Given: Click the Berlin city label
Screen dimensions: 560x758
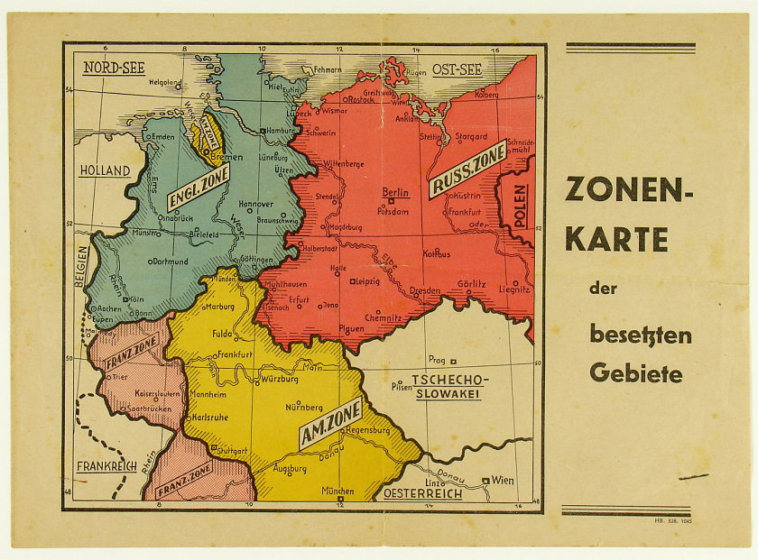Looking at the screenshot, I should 396,192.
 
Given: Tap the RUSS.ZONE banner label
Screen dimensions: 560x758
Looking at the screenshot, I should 468,168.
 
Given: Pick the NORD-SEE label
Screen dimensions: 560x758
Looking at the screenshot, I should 114,68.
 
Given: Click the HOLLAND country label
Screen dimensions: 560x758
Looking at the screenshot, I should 105,170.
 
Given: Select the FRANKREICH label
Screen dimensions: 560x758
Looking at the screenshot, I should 106,466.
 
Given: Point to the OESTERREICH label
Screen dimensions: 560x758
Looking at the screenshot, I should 422,493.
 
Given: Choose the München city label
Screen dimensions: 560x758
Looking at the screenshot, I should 337,491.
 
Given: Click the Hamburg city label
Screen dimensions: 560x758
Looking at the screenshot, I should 282,130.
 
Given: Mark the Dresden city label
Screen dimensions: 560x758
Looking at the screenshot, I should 424,291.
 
